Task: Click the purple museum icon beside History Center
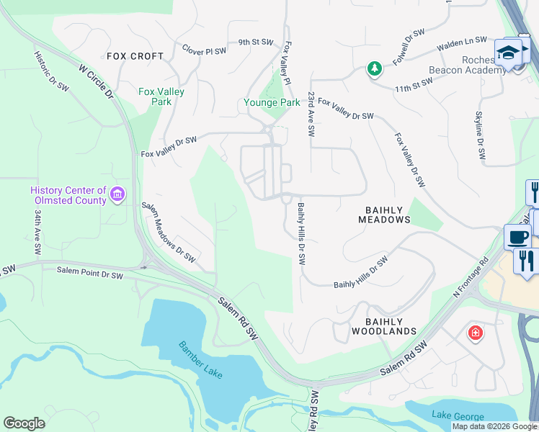point(118,194)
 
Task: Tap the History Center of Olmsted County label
point(68,195)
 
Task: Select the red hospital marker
point(475,333)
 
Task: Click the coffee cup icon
point(517,237)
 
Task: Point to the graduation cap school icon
point(507,52)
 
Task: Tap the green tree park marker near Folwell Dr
point(374,68)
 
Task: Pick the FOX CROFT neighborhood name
point(135,56)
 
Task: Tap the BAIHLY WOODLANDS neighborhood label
point(383,326)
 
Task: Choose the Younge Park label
point(271,103)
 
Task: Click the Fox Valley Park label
point(161,96)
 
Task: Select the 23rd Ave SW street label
point(311,114)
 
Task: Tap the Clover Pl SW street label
point(204,51)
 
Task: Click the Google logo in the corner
point(24,423)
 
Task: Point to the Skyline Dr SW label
point(479,136)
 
